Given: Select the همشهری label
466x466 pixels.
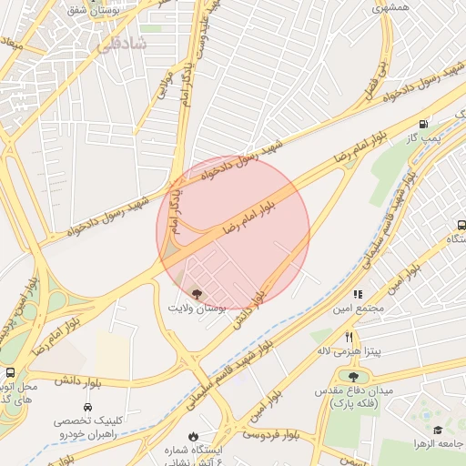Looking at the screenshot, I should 391,6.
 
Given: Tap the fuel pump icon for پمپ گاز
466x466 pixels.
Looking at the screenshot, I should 422,124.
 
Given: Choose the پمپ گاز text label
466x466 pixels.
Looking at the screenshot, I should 422,137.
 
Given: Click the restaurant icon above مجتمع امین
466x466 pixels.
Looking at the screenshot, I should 358,294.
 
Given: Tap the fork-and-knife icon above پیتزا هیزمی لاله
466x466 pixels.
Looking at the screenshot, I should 348,337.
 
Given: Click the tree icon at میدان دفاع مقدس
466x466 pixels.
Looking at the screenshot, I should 352,375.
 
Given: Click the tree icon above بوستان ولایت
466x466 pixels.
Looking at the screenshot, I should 198,294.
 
